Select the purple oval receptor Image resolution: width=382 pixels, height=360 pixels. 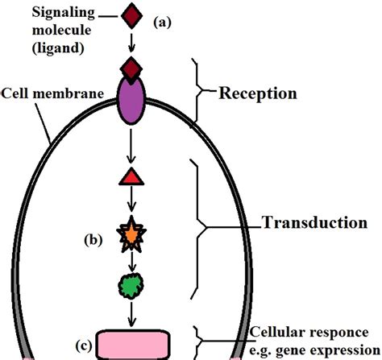132,99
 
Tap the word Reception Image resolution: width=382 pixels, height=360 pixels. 258,93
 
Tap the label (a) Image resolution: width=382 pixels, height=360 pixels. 164,23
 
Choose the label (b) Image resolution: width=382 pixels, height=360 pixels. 94,240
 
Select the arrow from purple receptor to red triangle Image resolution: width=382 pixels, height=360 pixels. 132,146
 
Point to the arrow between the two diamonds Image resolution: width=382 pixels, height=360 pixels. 132,41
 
